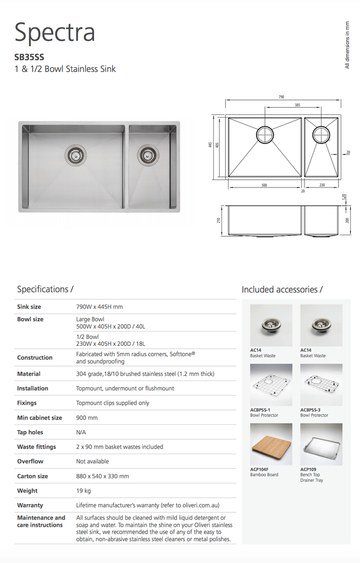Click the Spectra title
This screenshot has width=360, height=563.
point(54,32)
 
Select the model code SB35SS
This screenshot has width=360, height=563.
point(29,56)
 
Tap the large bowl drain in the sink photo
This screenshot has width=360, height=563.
point(75,155)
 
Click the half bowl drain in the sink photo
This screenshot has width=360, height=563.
point(147,155)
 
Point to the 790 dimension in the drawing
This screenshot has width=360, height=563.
point(281,97)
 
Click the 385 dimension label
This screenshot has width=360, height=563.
point(297,105)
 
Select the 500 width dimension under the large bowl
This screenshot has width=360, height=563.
point(264,185)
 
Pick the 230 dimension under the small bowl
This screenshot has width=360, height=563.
point(322,185)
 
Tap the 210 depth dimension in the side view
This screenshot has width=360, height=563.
point(219,220)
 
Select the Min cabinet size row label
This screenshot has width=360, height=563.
point(40,418)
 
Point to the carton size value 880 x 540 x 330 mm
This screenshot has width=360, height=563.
point(102,476)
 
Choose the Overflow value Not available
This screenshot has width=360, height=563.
point(92,461)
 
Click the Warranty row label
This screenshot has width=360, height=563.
point(30,505)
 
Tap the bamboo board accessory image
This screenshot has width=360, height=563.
point(271,444)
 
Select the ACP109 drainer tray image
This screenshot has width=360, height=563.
point(321,444)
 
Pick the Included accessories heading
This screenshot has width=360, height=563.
point(282,289)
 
